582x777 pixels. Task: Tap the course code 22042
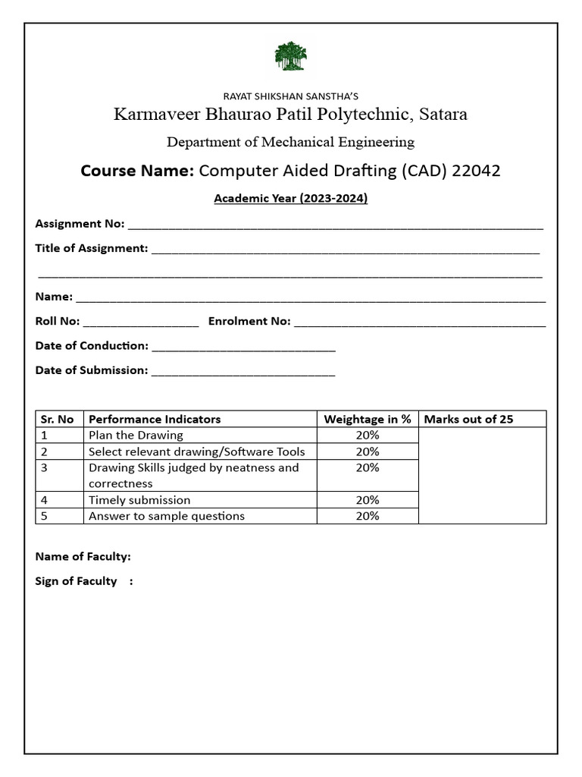[476, 171]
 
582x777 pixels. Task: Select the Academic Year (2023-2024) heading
[291, 199]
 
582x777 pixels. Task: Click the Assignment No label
[80, 224]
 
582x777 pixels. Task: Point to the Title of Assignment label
[92, 248]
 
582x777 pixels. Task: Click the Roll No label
[58, 321]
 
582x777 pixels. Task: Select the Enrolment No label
[249, 321]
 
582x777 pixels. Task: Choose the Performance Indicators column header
[155, 419]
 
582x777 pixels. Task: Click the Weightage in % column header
[368, 419]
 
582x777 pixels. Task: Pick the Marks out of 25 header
[468, 419]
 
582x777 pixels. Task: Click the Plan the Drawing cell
[136, 436]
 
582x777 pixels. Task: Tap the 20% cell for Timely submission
[368, 500]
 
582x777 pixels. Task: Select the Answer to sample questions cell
[167, 516]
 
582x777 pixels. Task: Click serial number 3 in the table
[45, 468]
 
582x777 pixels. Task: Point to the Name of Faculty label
[83, 557]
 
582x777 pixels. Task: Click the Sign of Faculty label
[77, 581]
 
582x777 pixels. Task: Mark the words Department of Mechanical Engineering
[291, 142]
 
